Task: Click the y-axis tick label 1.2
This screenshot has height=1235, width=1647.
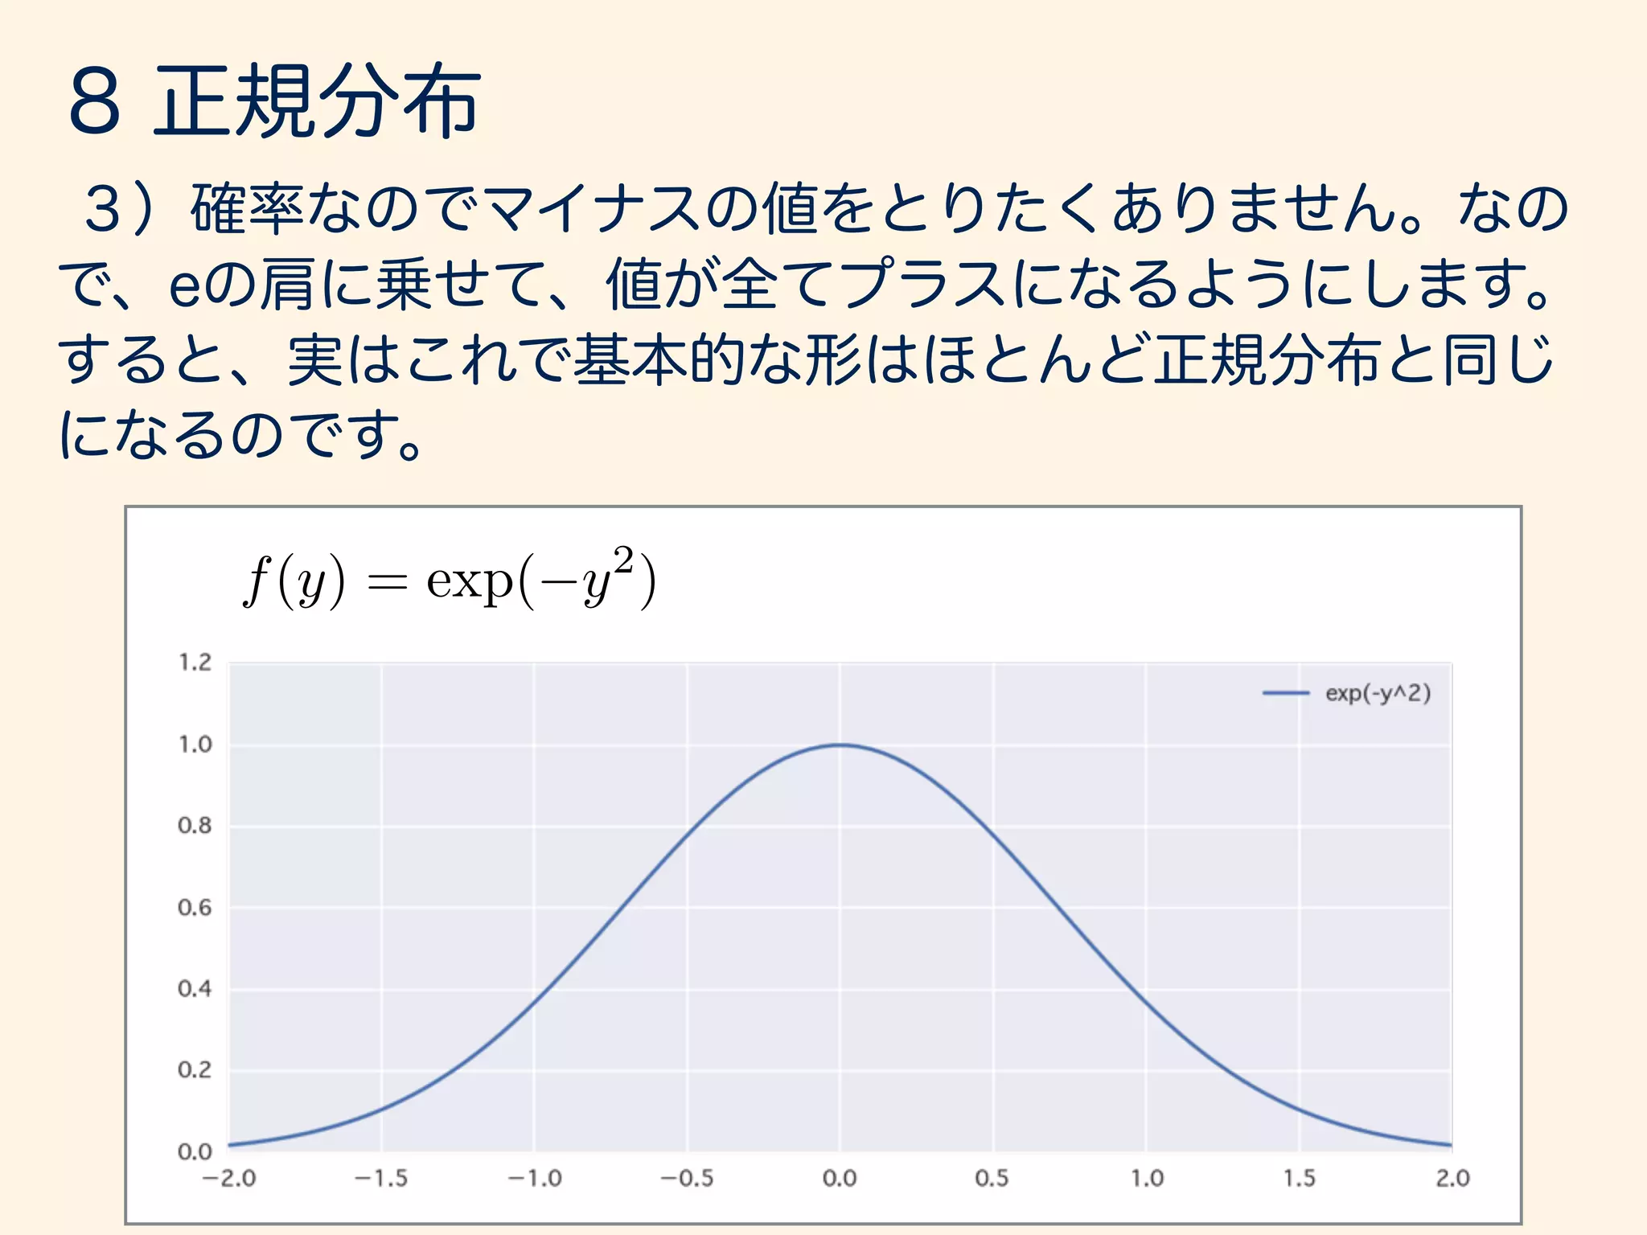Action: pos(195,663)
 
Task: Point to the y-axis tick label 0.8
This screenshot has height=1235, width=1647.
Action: pos(195,826)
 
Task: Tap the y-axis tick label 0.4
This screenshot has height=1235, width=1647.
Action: pos(195,989)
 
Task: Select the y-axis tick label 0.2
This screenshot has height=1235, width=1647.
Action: pos(195,1070)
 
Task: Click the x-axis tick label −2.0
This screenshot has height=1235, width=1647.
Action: pos(228,1179)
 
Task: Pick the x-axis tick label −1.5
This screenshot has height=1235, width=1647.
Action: pos(381,1179)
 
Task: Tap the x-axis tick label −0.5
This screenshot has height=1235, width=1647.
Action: pos(687,1179)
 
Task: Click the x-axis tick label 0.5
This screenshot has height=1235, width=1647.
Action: pos(992,1179)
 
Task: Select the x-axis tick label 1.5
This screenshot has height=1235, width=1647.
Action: pos(1299,1179)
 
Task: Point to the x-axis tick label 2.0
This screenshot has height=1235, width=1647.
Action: pos(1452,1179)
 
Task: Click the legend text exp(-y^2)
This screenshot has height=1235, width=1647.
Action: pos(1378,693)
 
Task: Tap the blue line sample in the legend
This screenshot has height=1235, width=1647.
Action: pos(1285,693)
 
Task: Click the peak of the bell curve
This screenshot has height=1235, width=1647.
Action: pos(840,745)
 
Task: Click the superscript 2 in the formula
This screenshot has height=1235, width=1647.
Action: pos(623,560)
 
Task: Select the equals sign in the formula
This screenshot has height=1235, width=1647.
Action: pos(387,583)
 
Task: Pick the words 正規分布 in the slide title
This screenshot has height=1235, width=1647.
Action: pos(317,101)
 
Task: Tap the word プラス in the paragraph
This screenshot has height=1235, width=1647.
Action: pos(924,283)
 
